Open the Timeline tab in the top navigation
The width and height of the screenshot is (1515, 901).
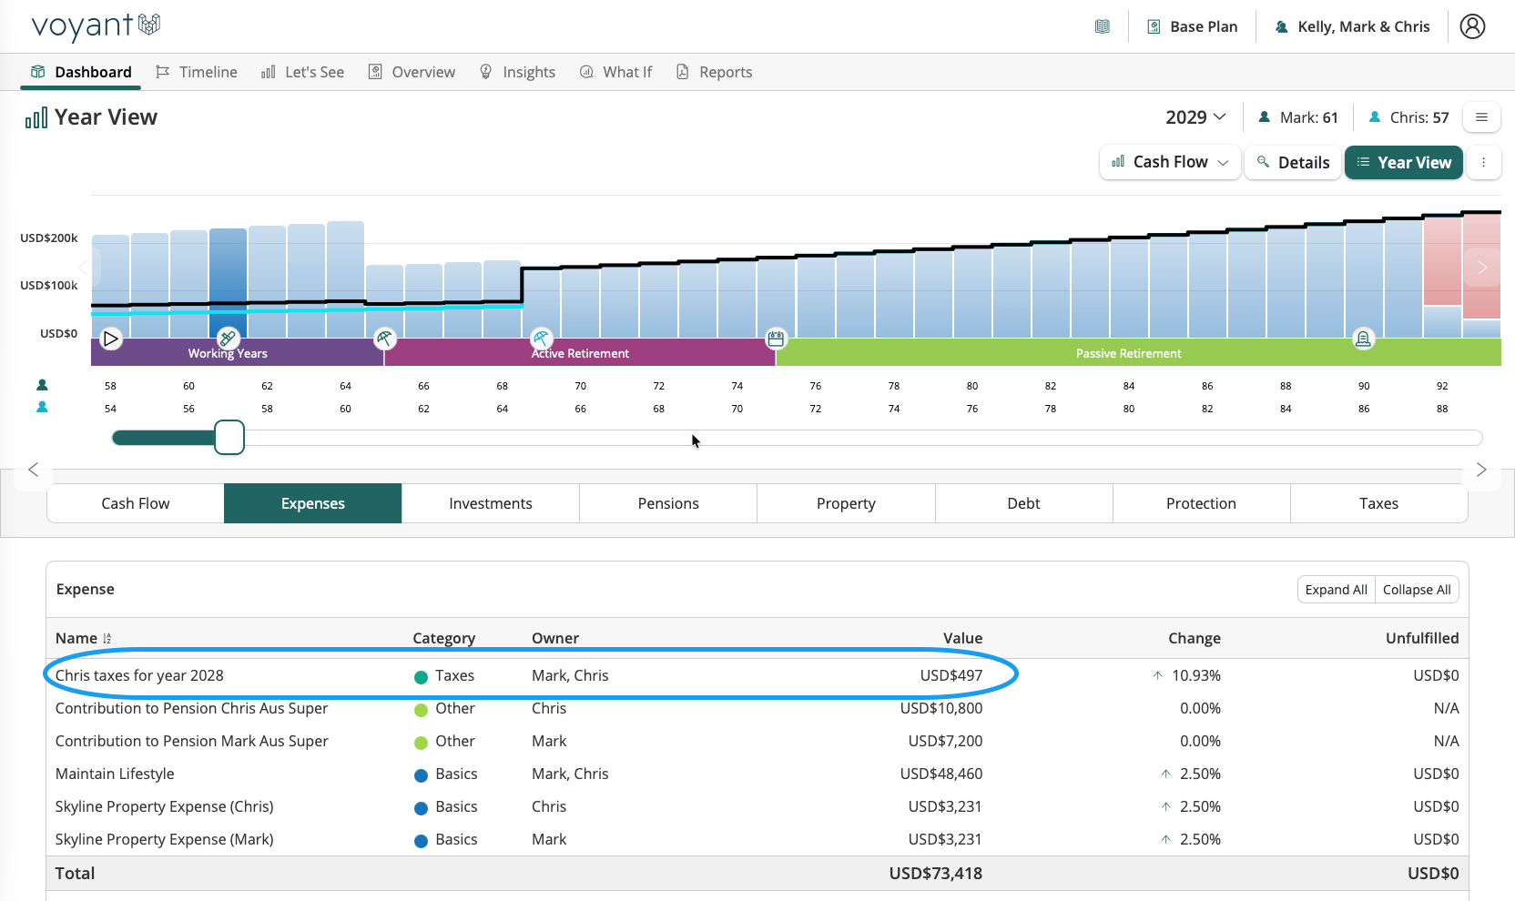[x=196, y=72]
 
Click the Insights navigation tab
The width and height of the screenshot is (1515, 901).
[x=517, y=72]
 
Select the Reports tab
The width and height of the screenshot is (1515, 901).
[x=714, y=72]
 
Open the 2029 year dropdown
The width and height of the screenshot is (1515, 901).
[x=1195, y=116]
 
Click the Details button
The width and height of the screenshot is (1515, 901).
[x=1293, y=162]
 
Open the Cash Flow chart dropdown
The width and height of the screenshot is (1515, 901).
[x=1170, y=162]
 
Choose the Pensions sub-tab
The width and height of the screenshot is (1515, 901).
[x=668, y=503]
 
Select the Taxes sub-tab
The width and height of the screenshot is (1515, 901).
[x=1378, y=503]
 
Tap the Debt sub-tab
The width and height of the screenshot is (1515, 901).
[x=1023, y=503]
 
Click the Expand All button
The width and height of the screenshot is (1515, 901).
[x=1336, y=590]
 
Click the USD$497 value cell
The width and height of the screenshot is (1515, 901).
[x=951, y=675]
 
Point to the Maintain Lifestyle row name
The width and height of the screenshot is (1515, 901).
[x=115, y=774]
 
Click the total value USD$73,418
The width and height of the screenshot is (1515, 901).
[x=935, y=873]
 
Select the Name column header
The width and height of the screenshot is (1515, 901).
[x=76, y=638]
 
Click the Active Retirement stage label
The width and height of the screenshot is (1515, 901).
[x=580, y=353]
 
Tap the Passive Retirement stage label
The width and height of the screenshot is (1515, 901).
[x=1128, y=353]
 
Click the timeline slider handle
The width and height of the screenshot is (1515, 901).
[x=229, y=438]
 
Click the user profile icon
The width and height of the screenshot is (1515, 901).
[x=1471, y=26]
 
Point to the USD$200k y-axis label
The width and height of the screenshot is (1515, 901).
[x=48, y=238]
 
